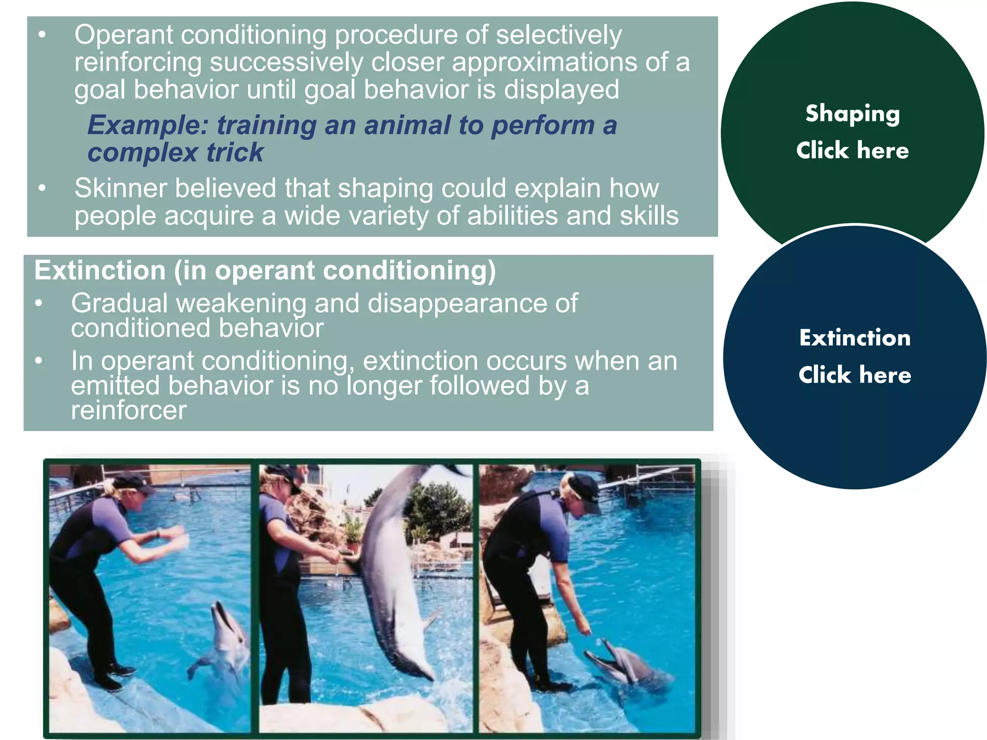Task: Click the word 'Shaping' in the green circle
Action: click(852, 114)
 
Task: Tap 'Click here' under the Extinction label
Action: click(854, 375)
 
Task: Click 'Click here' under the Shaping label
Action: click(852, 150)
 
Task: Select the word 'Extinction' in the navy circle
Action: click(854, 338)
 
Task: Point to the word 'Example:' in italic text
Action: click(147, 125)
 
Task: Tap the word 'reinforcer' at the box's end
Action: click(128, 410)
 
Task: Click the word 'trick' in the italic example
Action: click(235, 153)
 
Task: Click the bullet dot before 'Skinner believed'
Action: click(42, 188)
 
